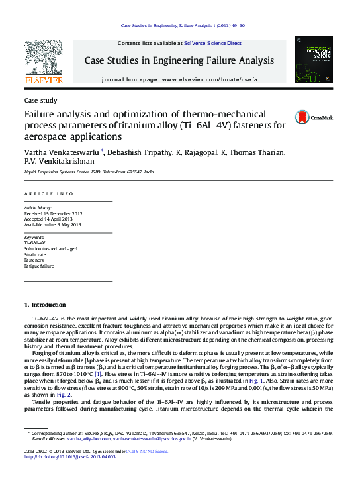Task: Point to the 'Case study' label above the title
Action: tap(40, 101)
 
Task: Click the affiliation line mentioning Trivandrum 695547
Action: tap(89, 172)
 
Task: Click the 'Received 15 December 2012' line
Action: tap(53, 213)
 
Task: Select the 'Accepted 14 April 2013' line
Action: tap(50, 219)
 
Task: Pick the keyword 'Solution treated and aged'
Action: tap(51, 248)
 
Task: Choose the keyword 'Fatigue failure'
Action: tap(39, 266)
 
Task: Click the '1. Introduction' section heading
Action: tap(45, 305)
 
